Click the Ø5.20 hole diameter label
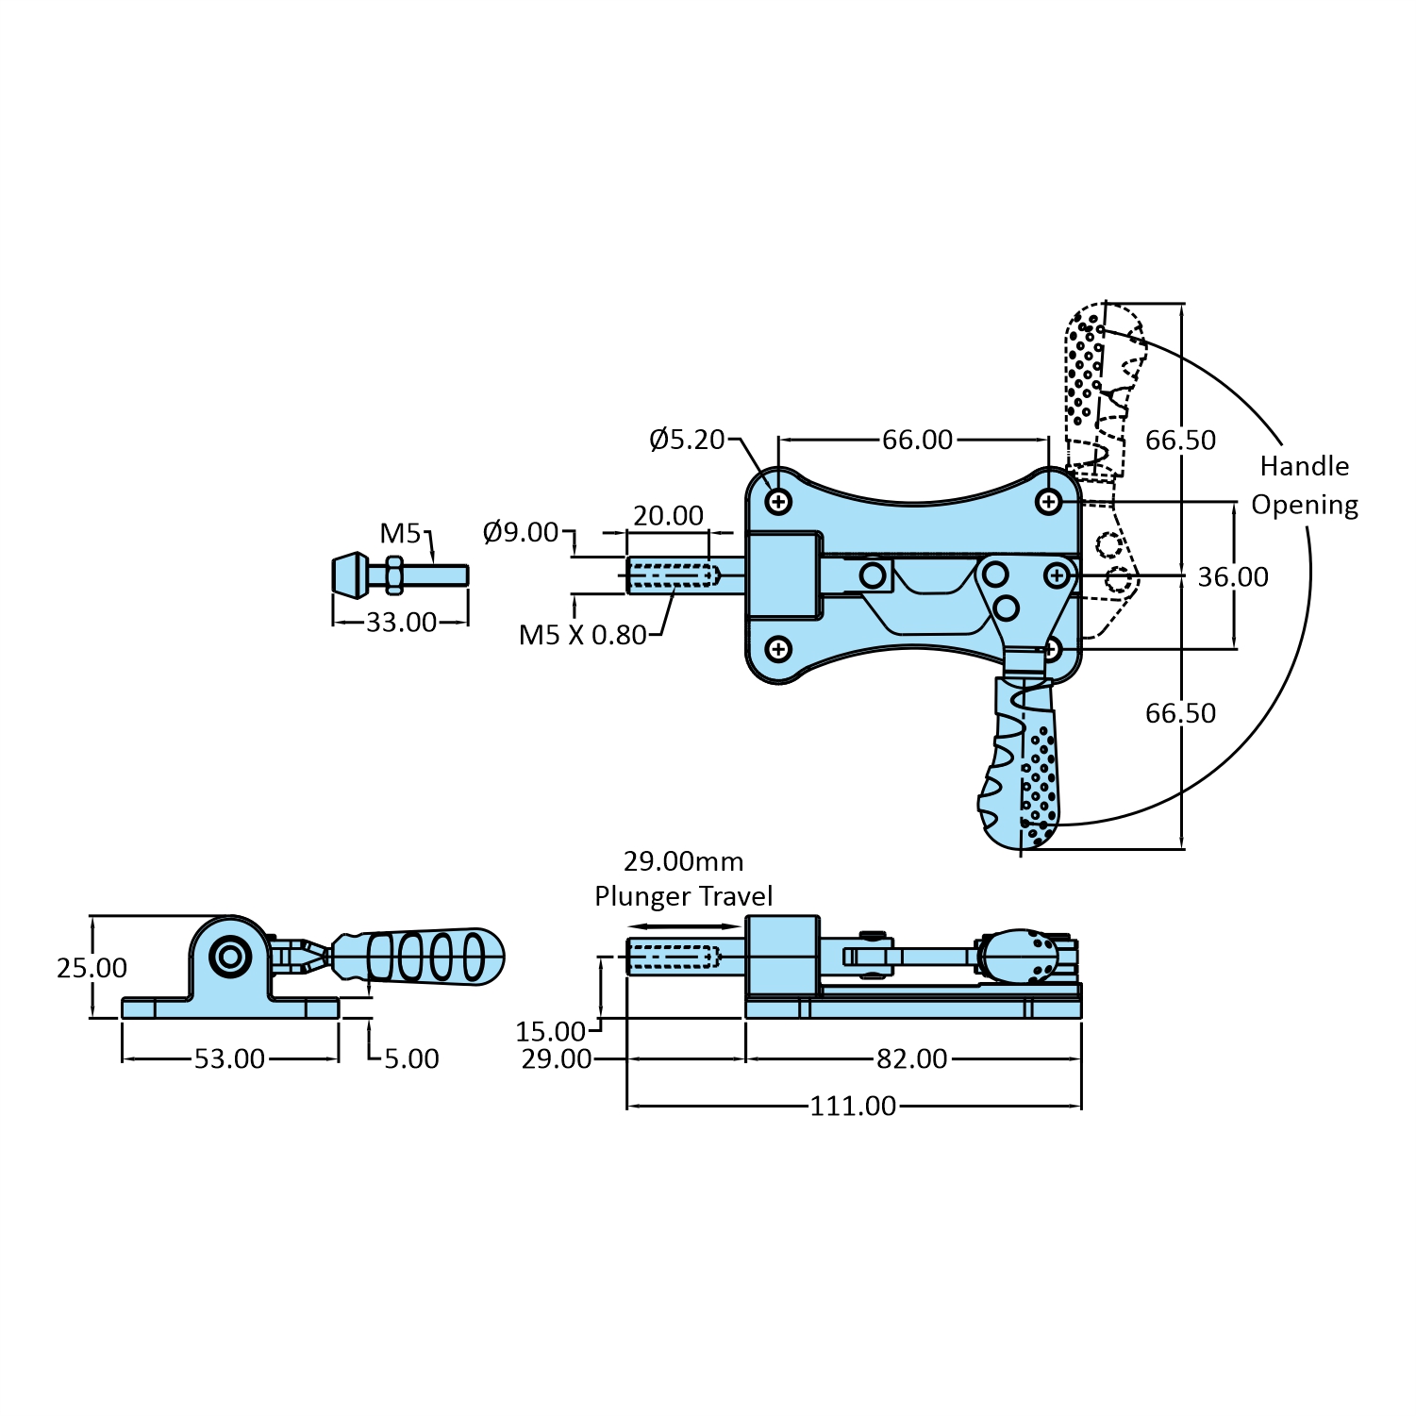[x=687, y=440]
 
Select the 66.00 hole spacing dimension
[x=917, y=440]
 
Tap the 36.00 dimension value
[x=1232, y=576]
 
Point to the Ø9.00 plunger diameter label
[x=521, y=532]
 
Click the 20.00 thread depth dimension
[x=668, y=515]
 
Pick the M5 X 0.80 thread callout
[x=582, y=635]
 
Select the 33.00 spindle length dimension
[x=401, y=622]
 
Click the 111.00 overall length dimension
[x=853, y=1106]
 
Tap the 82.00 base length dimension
[x=911, y=1058]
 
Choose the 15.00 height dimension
[x=550, y=1030]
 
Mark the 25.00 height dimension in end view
[x=92, y=968]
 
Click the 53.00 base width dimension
[x=229, y=1058]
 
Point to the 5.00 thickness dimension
[x=411, y=1058]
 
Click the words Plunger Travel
[x=683, y=896]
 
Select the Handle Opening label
[x=1305, y=486]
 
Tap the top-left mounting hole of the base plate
[x=778, y=501]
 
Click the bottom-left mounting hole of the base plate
[x=778, y=649]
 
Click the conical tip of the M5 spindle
[x=350, y=575]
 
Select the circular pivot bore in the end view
[x=230, y=957]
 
